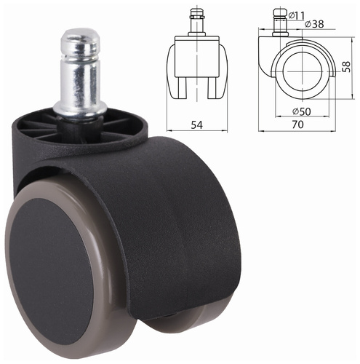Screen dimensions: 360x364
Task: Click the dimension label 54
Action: (196, 124)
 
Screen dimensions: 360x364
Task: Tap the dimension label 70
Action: (297, 124)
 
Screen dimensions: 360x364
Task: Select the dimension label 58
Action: (347, 66)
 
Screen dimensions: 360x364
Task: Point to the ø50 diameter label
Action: (302, 111)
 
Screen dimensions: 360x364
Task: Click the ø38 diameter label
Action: (314, 24)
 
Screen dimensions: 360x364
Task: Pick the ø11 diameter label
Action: (297, 15)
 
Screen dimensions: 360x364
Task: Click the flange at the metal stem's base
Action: (80, 108)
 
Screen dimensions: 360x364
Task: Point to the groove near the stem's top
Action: (80, 58)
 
